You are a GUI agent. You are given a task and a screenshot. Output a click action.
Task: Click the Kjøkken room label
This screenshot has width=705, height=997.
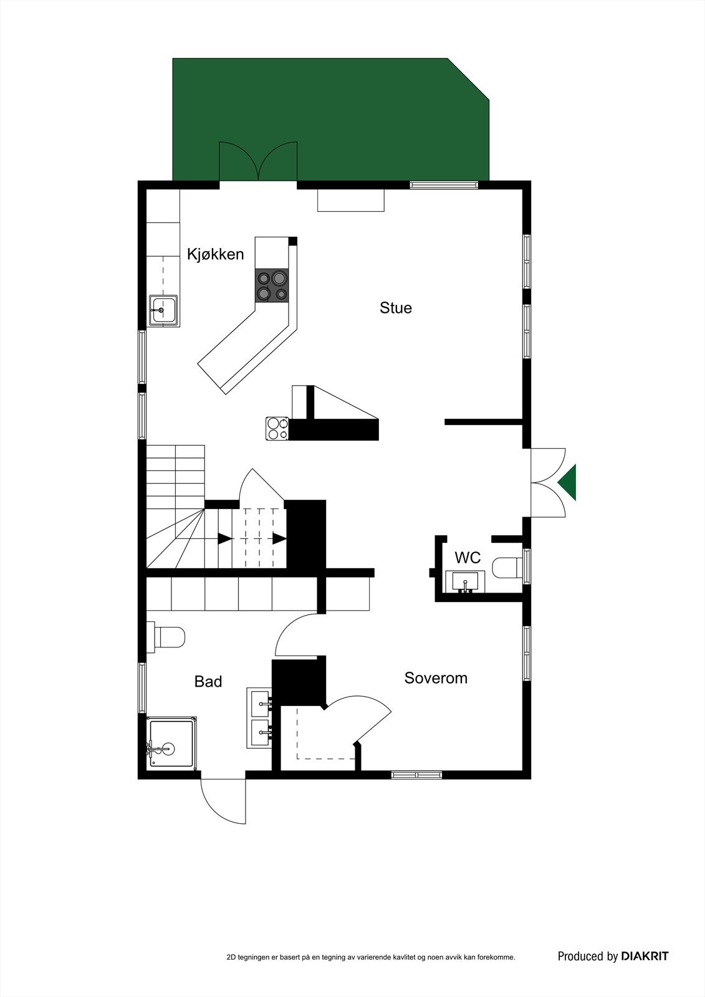click(216, 254)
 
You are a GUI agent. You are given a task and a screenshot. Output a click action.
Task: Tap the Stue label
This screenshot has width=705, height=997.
click(396, 308)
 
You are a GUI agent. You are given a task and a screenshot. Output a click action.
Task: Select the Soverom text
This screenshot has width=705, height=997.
click(436, 678)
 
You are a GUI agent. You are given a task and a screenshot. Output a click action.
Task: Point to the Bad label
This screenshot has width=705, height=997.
click(208, 682)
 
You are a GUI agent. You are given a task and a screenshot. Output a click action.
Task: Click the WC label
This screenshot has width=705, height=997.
click(468, 557)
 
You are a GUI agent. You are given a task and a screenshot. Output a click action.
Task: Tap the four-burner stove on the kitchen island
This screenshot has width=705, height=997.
click(272, 285)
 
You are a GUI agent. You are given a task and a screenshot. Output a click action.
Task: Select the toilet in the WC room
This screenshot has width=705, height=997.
click(506, 568)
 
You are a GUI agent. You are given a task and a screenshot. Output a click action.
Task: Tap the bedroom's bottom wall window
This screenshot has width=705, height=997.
click(416, 775)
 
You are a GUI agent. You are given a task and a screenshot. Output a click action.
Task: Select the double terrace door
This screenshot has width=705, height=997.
click(258, 163)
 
